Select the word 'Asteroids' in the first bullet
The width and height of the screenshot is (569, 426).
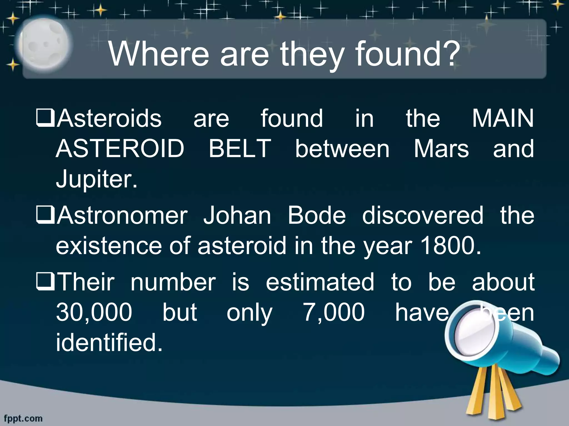click(109, 118)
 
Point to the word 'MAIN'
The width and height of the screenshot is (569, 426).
click(503, 118)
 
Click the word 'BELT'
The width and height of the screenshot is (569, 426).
click(240, 149)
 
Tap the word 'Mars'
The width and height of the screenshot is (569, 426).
click(441, 149)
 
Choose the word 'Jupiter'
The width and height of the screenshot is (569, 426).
click(94, 179)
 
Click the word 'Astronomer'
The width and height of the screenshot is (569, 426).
click(122, 215)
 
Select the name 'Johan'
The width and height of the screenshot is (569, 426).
click(237, 215)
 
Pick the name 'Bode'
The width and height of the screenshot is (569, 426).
click(317, 215)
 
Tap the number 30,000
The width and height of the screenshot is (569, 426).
click(94, 312)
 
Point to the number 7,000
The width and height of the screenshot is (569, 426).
click(334, 312)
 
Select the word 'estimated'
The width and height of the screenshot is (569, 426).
click(320, 282)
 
